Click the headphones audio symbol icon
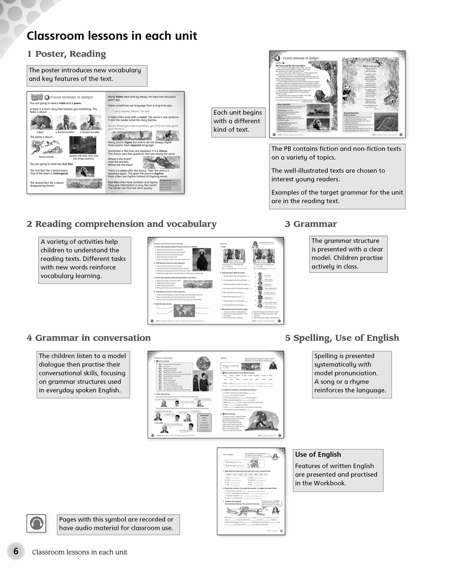[x=36, y=523]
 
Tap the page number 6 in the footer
[x=16, y=551]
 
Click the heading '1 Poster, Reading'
[x=66, y=54]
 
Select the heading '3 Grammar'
[x=311, y=224]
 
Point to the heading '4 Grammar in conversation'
[x=89, y=338]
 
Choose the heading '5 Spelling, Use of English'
[x=342, y=338]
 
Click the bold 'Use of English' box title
[x=318, y=454]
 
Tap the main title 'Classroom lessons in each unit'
[x=112, y=36]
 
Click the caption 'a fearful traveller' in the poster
[x=65, y=132]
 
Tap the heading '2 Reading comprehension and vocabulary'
[x=122, y=224]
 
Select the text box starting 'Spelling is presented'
[x=352, y=373]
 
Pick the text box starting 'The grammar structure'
[x=348, y=254]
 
